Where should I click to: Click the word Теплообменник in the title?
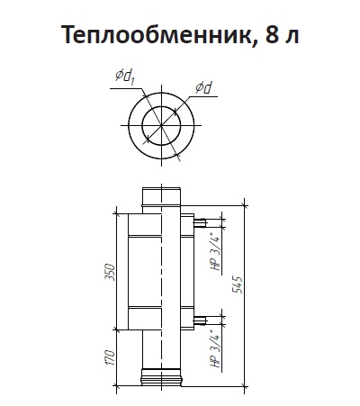coord(155,34)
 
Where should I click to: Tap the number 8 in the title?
coord(272,34)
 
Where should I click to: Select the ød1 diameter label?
coord(124,77)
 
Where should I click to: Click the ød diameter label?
coord(203,88)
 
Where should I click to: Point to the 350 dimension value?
coord(110,272)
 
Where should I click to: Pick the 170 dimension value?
coord(110,357)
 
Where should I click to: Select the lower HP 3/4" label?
coord(216,348)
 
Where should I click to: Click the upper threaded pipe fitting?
coord(200,223)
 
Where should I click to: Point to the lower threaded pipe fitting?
coord(200,320)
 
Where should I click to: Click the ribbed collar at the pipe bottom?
coord(162,377)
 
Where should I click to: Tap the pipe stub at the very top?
coord(162,196)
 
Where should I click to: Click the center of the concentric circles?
coord(161,125)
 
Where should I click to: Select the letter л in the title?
coord(291,35)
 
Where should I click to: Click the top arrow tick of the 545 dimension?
coord(245,206)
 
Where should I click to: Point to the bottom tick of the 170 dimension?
coord(116,385)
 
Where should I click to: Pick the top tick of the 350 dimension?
coord(116,213)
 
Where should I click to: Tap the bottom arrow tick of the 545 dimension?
coord(245,385)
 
